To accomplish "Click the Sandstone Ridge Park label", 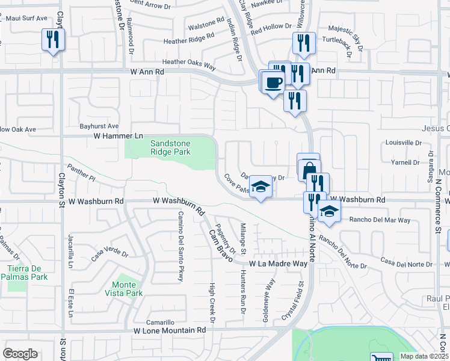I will point(170,147).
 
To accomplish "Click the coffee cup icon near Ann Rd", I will point(274,81).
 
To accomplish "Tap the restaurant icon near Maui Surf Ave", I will point(53,40).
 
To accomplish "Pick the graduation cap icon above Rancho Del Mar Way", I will point(329,211).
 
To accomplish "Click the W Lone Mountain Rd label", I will point(170,330).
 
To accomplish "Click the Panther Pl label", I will point(82,174).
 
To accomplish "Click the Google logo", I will point(20,354).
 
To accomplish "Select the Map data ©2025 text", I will point(424,356).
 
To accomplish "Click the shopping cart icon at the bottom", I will point(381,358).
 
